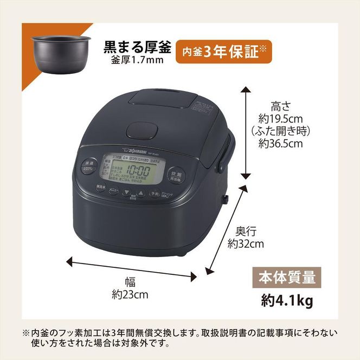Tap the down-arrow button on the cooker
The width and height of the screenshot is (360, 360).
[126, 192]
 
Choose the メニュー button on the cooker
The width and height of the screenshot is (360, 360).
[113, 191]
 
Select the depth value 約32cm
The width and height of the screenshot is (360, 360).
[246, 243]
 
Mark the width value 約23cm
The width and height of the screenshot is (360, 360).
[130, 295]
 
